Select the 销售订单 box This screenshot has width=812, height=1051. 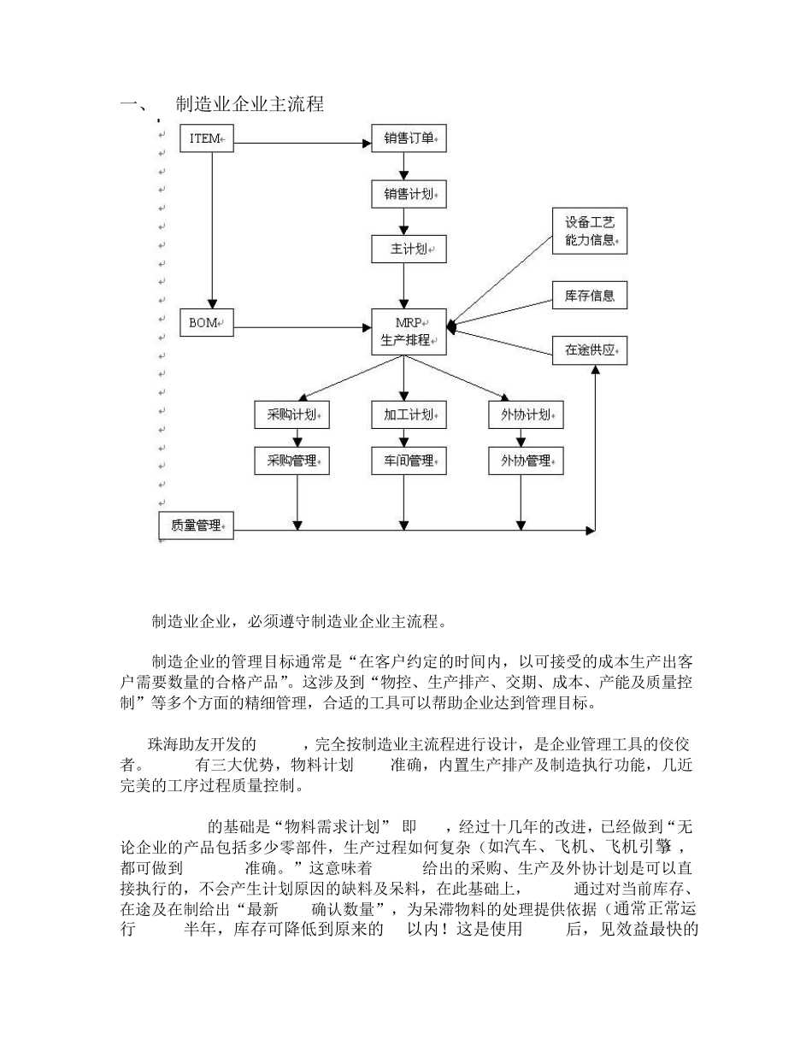[409, 138]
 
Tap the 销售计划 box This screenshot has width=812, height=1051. [409, 194]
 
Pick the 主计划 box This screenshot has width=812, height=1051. [409, 250]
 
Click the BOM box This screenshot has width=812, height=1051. [206, 323]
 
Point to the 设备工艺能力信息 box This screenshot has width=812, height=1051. [590, 232]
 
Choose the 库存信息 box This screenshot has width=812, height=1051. [590, 296]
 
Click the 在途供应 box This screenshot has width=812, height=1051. [590, 350]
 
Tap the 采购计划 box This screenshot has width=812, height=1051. [292, 415]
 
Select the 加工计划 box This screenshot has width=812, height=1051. [409, 415]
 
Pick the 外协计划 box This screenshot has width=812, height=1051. [526, 415]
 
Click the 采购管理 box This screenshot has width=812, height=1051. [292, 461]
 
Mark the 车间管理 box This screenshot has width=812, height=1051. [409, 461]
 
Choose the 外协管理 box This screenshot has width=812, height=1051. [526, 461]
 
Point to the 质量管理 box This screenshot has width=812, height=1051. [197, 525]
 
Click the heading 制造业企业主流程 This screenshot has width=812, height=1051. [249, 105]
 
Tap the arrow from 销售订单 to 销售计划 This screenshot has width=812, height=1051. [403, 167]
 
